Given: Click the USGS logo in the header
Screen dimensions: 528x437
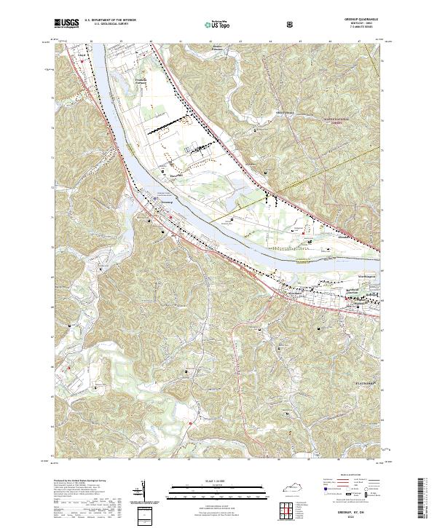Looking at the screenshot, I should pos(66,23).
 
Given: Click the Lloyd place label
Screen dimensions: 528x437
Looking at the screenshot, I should pos(81,53).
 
